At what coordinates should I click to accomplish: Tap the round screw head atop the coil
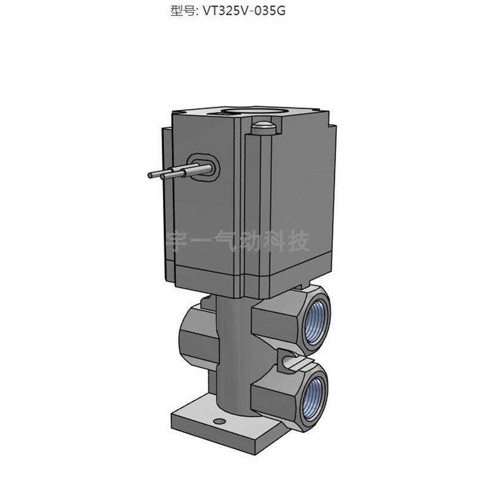pos(262,126)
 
